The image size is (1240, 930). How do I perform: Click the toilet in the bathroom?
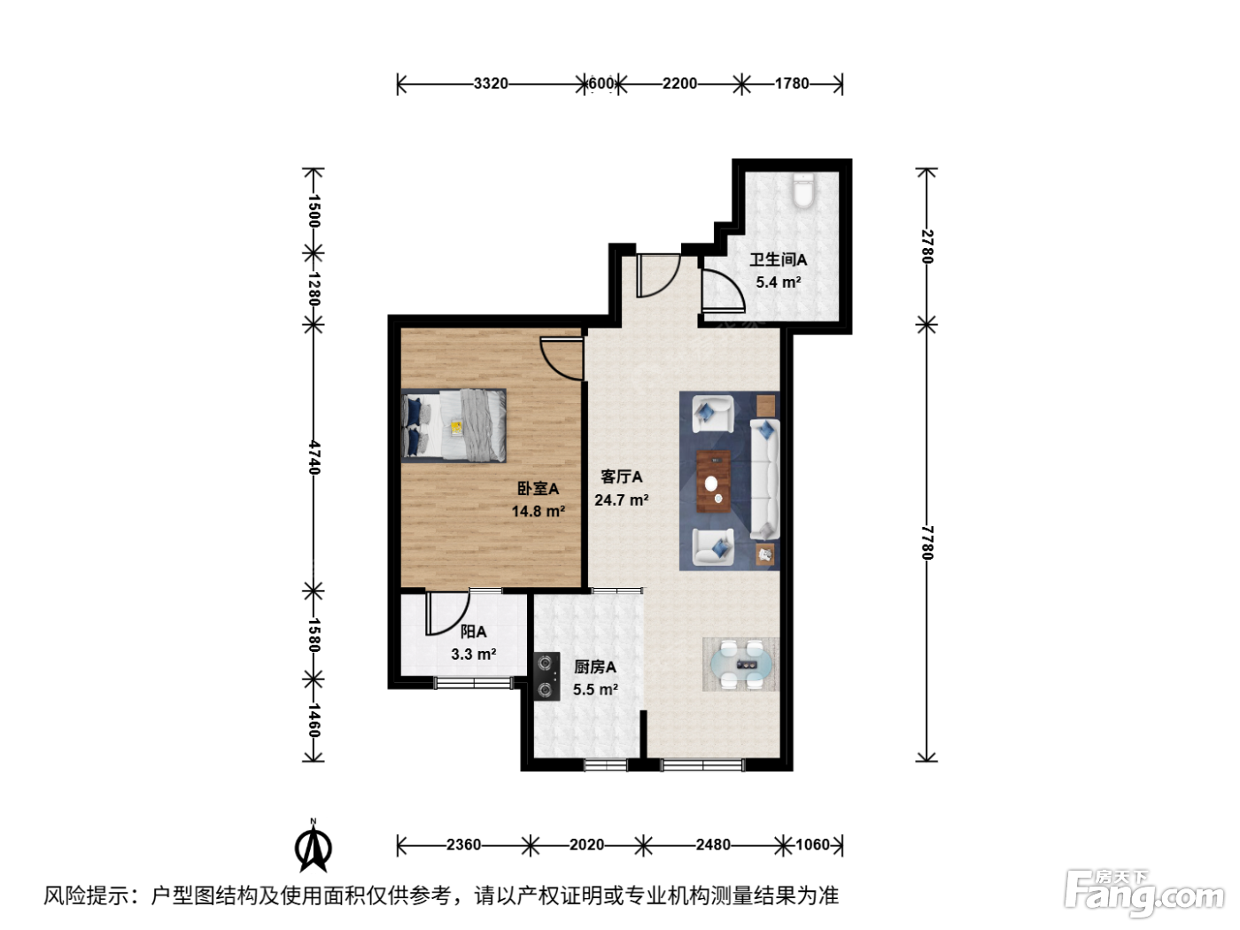(x=803, y=190)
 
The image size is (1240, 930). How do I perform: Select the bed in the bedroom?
(x=453, y=425)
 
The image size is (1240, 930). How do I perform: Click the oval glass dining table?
(x=741, y=663)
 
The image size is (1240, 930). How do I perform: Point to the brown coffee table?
(x=713, y=481)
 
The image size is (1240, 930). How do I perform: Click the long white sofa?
(x=765, y=479)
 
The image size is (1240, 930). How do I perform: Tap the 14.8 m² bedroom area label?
(x=539, y=511)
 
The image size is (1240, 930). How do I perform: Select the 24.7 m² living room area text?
(x=622, y=500)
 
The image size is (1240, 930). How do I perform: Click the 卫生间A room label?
(x=778, y=260)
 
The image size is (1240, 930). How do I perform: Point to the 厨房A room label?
(x=595, y=667)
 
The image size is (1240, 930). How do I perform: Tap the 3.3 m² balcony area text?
(x=473, y=654)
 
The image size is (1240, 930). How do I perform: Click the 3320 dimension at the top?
(x=491, y=83)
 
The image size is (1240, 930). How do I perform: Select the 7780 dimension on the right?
(x=927, y=543)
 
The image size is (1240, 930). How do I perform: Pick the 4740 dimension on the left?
(x=314, y=457)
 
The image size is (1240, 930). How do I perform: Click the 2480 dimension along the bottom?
(x=713, y=845)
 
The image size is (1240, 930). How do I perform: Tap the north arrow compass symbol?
(x=313, y=845)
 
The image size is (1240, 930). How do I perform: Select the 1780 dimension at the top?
(x=792, y=83)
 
